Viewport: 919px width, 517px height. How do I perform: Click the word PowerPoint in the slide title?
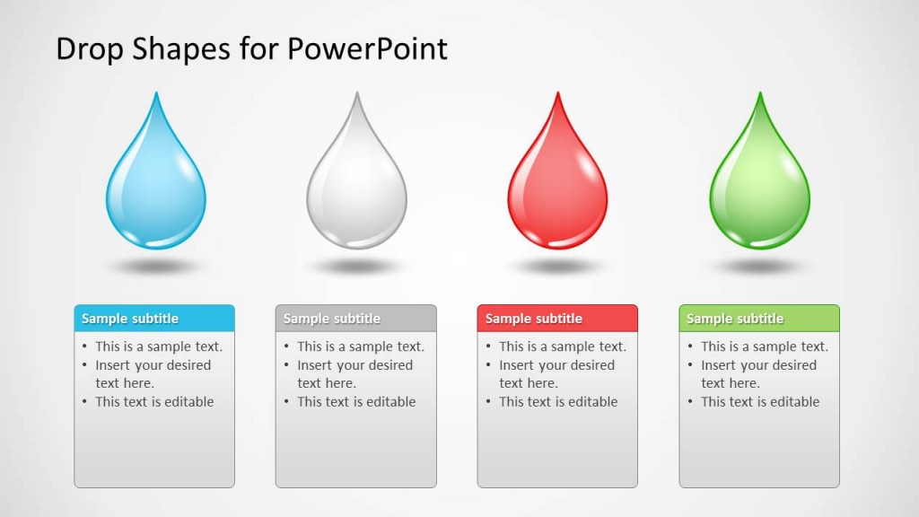point(367,48)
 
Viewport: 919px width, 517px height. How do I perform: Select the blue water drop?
point(156,188)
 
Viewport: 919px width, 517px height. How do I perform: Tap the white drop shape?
point(356,188)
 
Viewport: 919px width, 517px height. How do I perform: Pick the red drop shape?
point(557,188)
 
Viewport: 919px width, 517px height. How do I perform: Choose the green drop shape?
point(759,188)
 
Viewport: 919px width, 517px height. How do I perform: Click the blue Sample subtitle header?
point(154,319)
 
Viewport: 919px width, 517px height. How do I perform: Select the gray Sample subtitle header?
point(355,319)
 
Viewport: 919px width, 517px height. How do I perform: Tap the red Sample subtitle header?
point(557,319)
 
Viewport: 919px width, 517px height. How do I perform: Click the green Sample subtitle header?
point(759,319)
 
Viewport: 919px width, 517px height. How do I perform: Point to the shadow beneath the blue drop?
point(156,267)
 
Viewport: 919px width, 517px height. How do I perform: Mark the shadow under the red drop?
point(557,267)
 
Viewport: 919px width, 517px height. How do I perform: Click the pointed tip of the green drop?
point(760,96)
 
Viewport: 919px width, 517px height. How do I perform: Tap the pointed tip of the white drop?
point(357,96)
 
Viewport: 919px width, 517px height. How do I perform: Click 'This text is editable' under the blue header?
point(154,402)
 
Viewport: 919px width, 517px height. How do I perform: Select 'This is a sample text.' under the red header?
point(562,346)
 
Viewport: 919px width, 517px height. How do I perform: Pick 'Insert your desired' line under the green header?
point(758,365)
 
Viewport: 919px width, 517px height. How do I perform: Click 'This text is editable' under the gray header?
point(356,402)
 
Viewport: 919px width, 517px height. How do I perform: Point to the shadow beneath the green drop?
point(759,267)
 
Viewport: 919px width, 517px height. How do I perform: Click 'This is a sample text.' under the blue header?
point(159,346)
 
